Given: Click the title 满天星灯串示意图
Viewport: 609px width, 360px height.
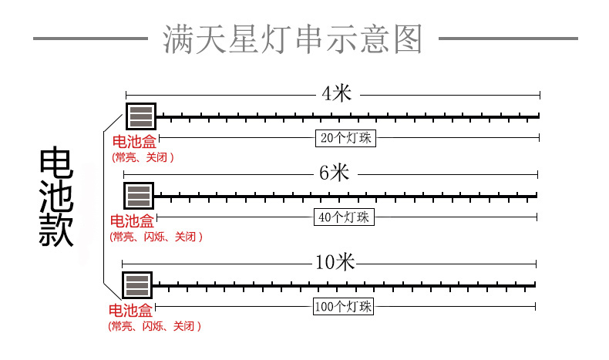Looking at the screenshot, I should pyautogui.click(x=294, y=39).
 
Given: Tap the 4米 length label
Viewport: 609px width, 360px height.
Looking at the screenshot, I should pyautogui.click(x=336, y=94).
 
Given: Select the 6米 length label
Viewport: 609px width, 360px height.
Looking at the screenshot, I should pyautogui.click(x=334, y=173).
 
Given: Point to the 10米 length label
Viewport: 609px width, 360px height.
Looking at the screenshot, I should pyautogui.click(x=335, y=262).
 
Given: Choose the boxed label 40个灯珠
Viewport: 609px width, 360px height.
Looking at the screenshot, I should pyautogui.click(x=344, y=217).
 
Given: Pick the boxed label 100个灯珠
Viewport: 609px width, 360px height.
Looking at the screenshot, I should pyautogui.click(x=344, y=306).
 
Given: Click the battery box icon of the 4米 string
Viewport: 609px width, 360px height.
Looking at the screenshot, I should pyautogui.click(x=141, y=116).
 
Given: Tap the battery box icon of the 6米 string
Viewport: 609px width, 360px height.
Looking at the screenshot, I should pyautogui.click(x=139, y=195).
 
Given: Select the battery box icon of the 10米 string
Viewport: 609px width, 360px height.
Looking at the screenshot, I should pyautogui.click(x=137, y=285).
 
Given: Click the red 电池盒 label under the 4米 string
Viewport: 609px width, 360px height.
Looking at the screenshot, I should pyautogui.click(x=134, y=143).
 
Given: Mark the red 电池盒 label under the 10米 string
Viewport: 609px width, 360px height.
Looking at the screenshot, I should pyautogui.click(x=130, y=311).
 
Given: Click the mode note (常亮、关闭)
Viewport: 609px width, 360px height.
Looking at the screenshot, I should pyautogui.click(x=143, y=157).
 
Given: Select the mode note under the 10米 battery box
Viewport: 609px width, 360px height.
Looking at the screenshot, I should pyautogui.click(x=154, y=326).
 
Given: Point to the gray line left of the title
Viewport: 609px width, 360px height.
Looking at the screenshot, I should pyautogui.click(x=91, y=37).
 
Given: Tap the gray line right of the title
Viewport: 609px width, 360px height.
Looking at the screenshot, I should pyautogui.click(x=507, y=37).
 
